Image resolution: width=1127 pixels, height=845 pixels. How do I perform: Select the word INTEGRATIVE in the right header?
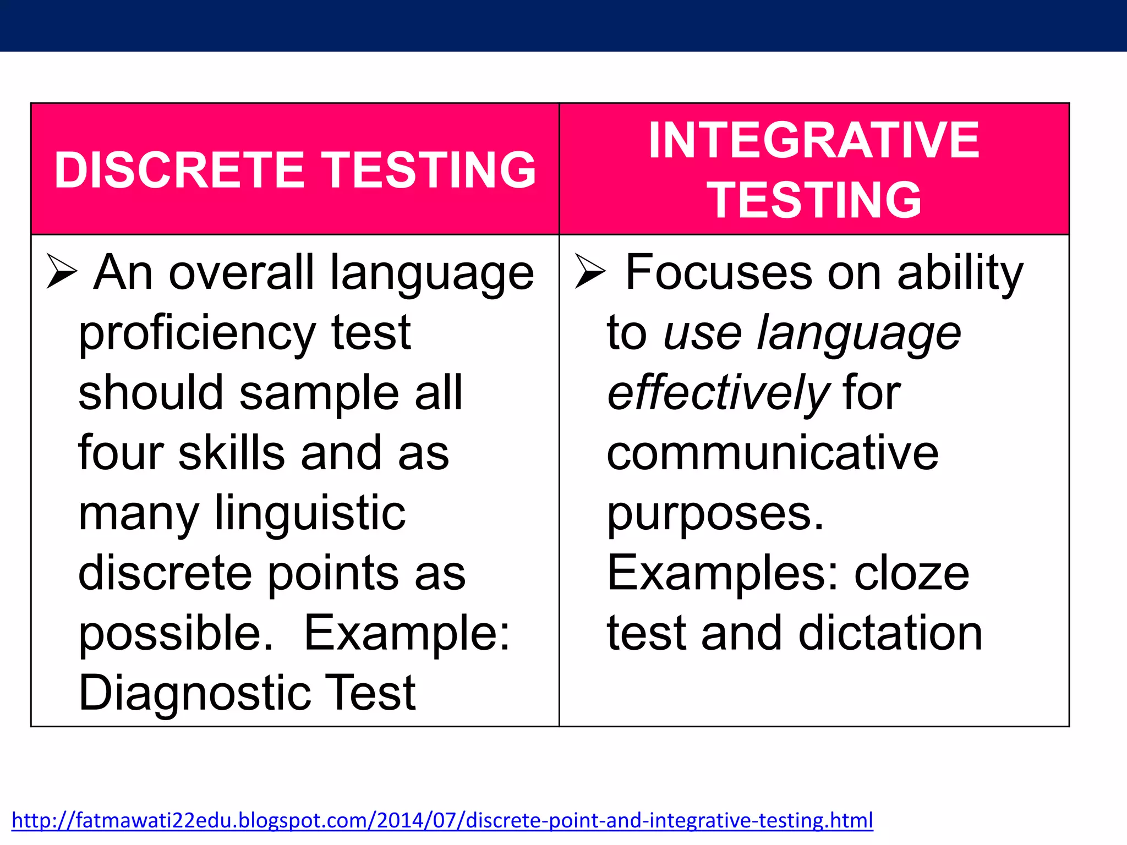pos(814,140)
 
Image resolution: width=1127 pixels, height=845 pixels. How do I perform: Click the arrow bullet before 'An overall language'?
pos(61,271)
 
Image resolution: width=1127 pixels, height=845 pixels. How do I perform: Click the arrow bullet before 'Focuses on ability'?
pos(589,271)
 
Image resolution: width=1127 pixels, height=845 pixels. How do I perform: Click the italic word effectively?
pos(717,393)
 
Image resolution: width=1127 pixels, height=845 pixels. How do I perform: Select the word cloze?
pos(911,573)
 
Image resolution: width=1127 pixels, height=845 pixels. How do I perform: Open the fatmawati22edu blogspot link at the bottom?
pos(442,820)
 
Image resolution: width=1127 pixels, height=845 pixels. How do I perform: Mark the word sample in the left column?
pos(319,393)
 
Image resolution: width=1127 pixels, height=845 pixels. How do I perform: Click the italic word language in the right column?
pos(858,333)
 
